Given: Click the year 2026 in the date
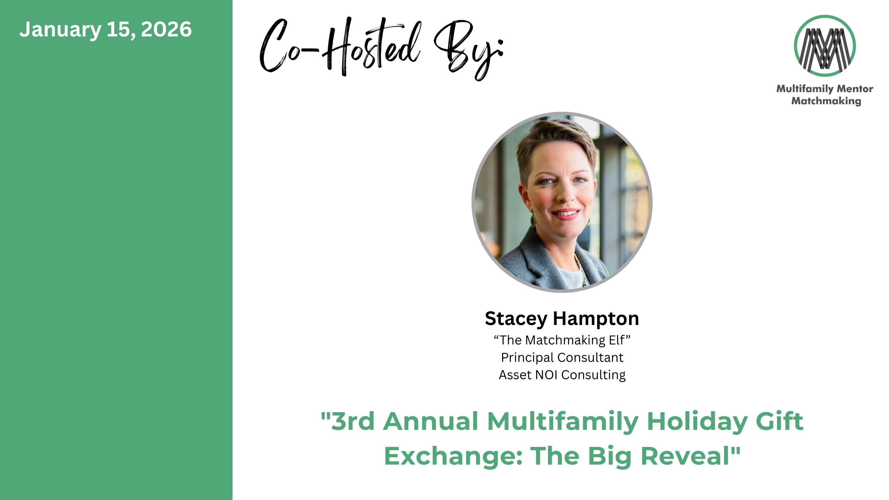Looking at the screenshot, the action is pyautogui.click(x=166, y=30).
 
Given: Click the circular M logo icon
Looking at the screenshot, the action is pyautogui.click(x=825, y=45).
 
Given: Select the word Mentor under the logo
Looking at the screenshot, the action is pyautogui.click(x=855, y=89).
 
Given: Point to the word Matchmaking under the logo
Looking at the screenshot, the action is pyautogui.click(x=826, y=101).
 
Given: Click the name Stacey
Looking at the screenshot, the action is pyautogui.click(x=516, y=319).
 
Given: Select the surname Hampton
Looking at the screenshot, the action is pyautogui.click(x=596, y=319).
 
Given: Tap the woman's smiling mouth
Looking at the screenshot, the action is pyautogui.click(x=566, y=214).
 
